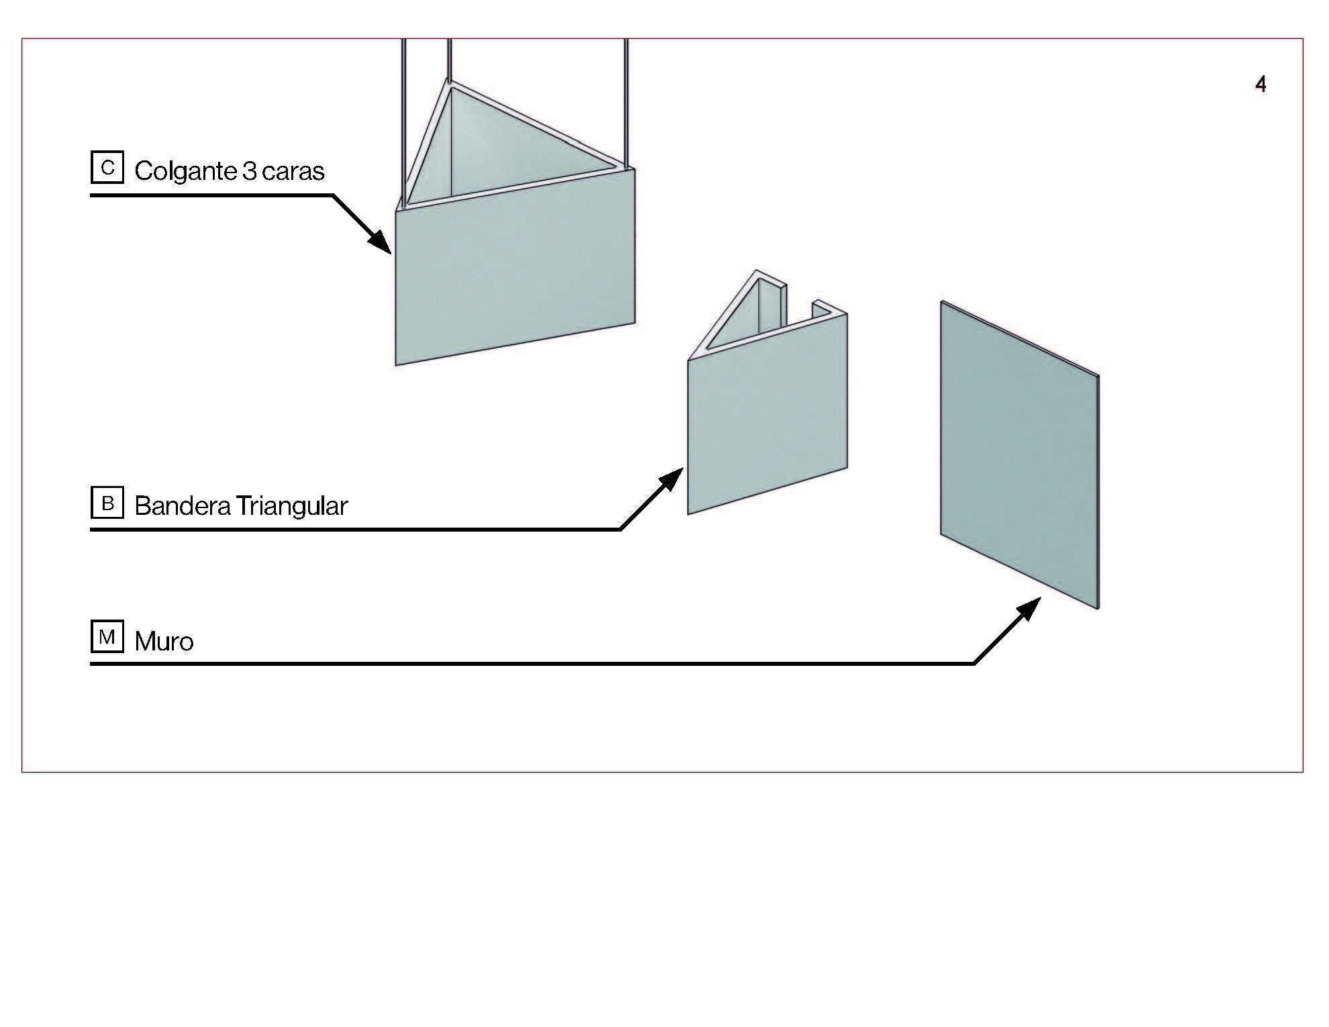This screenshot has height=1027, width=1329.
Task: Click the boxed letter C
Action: click(x=107, y=167)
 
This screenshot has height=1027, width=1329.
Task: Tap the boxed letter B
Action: click(x=107, y=503)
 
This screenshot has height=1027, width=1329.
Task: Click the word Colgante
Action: click(x=186, y=171)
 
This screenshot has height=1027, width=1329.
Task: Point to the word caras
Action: click(x=293, y=171)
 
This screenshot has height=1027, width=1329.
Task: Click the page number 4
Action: click(x=1261, y=84)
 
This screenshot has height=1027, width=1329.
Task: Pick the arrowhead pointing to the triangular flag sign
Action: click(x=671, y=479)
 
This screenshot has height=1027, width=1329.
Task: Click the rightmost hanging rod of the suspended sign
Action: click(x=626, y=101)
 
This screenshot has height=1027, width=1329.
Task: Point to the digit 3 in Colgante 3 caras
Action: click(x=250, y=171)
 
